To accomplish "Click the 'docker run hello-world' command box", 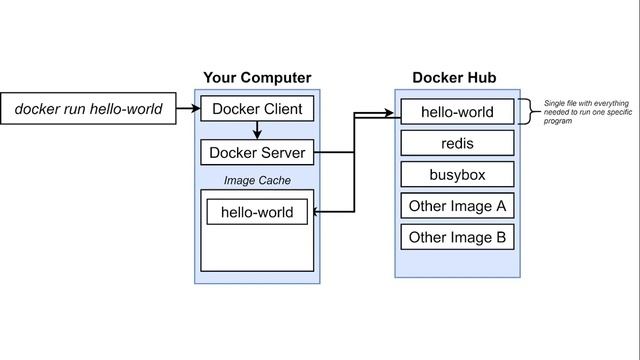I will click(x=88, y=108).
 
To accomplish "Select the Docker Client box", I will click(x=258, y=108).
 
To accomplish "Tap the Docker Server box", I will click(x=258, y=153).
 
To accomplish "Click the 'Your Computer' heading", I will click(x=257, y=78).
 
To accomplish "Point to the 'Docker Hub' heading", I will click(x=454, y=78).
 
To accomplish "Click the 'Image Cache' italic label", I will click(x=257, y=180).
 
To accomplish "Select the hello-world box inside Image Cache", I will click(x=257, y=212).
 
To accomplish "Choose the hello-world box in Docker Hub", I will click(x=457, y=112).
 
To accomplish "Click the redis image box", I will click(x=457, y=144).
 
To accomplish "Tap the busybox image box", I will click(x=457, y=175).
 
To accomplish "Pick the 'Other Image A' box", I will click(x=457, y=207).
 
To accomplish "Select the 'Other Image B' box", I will click(x=457, y=238).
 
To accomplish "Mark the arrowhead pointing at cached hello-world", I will click(x=315, y=212).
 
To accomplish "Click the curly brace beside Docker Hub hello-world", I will click(x=527, y=112).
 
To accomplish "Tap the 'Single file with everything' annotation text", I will click(x=588, y=103).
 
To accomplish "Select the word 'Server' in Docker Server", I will click(x=281, y=153).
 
